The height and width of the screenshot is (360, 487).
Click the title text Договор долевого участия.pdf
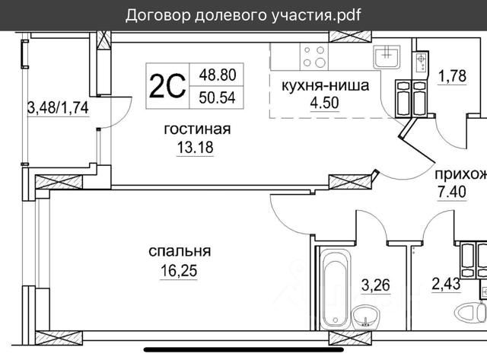point(243,15)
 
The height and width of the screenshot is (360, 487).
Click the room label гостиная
point(197,129)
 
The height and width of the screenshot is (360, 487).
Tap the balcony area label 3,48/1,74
point(58,108)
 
